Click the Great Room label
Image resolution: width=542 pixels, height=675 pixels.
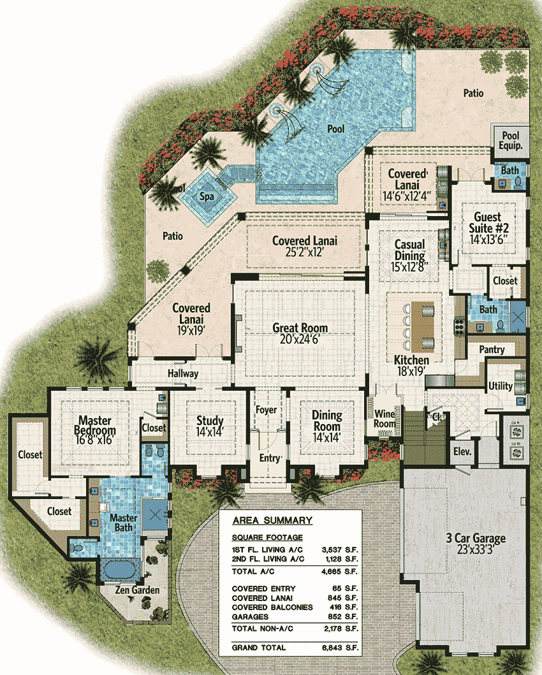point(300,328)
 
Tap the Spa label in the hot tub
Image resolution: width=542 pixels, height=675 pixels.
point(207,196)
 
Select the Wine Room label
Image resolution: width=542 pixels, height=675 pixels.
point(386,419)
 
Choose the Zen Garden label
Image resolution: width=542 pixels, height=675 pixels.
point(138,590)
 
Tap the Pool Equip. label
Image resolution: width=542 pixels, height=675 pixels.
point(511,140)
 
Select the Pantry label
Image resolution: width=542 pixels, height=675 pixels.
point(492,349)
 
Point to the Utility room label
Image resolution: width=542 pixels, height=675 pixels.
point(500,386)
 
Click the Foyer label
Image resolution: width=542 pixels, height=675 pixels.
point(266,410)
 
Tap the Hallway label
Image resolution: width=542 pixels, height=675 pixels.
point(183,374)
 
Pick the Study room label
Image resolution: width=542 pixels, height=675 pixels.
point(209,421)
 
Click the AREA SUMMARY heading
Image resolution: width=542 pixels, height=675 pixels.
point(272,521)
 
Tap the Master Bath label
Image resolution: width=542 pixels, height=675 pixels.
point(124,523)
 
